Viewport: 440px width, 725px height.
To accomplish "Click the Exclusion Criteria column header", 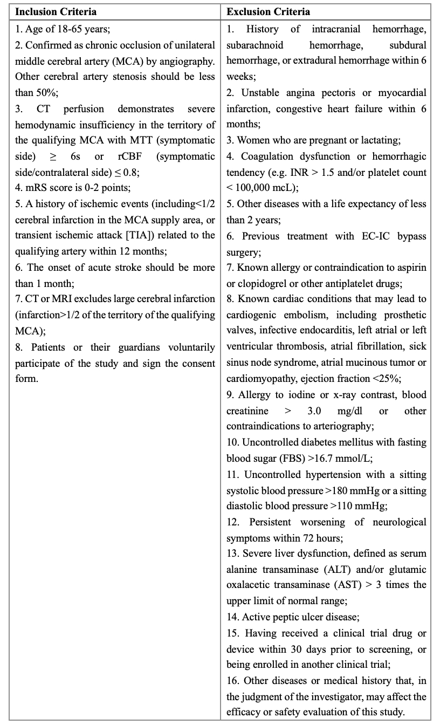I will [269, 11].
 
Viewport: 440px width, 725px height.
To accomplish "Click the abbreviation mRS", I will [35, 188].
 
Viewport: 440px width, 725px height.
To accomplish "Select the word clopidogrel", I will [263, 283].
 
